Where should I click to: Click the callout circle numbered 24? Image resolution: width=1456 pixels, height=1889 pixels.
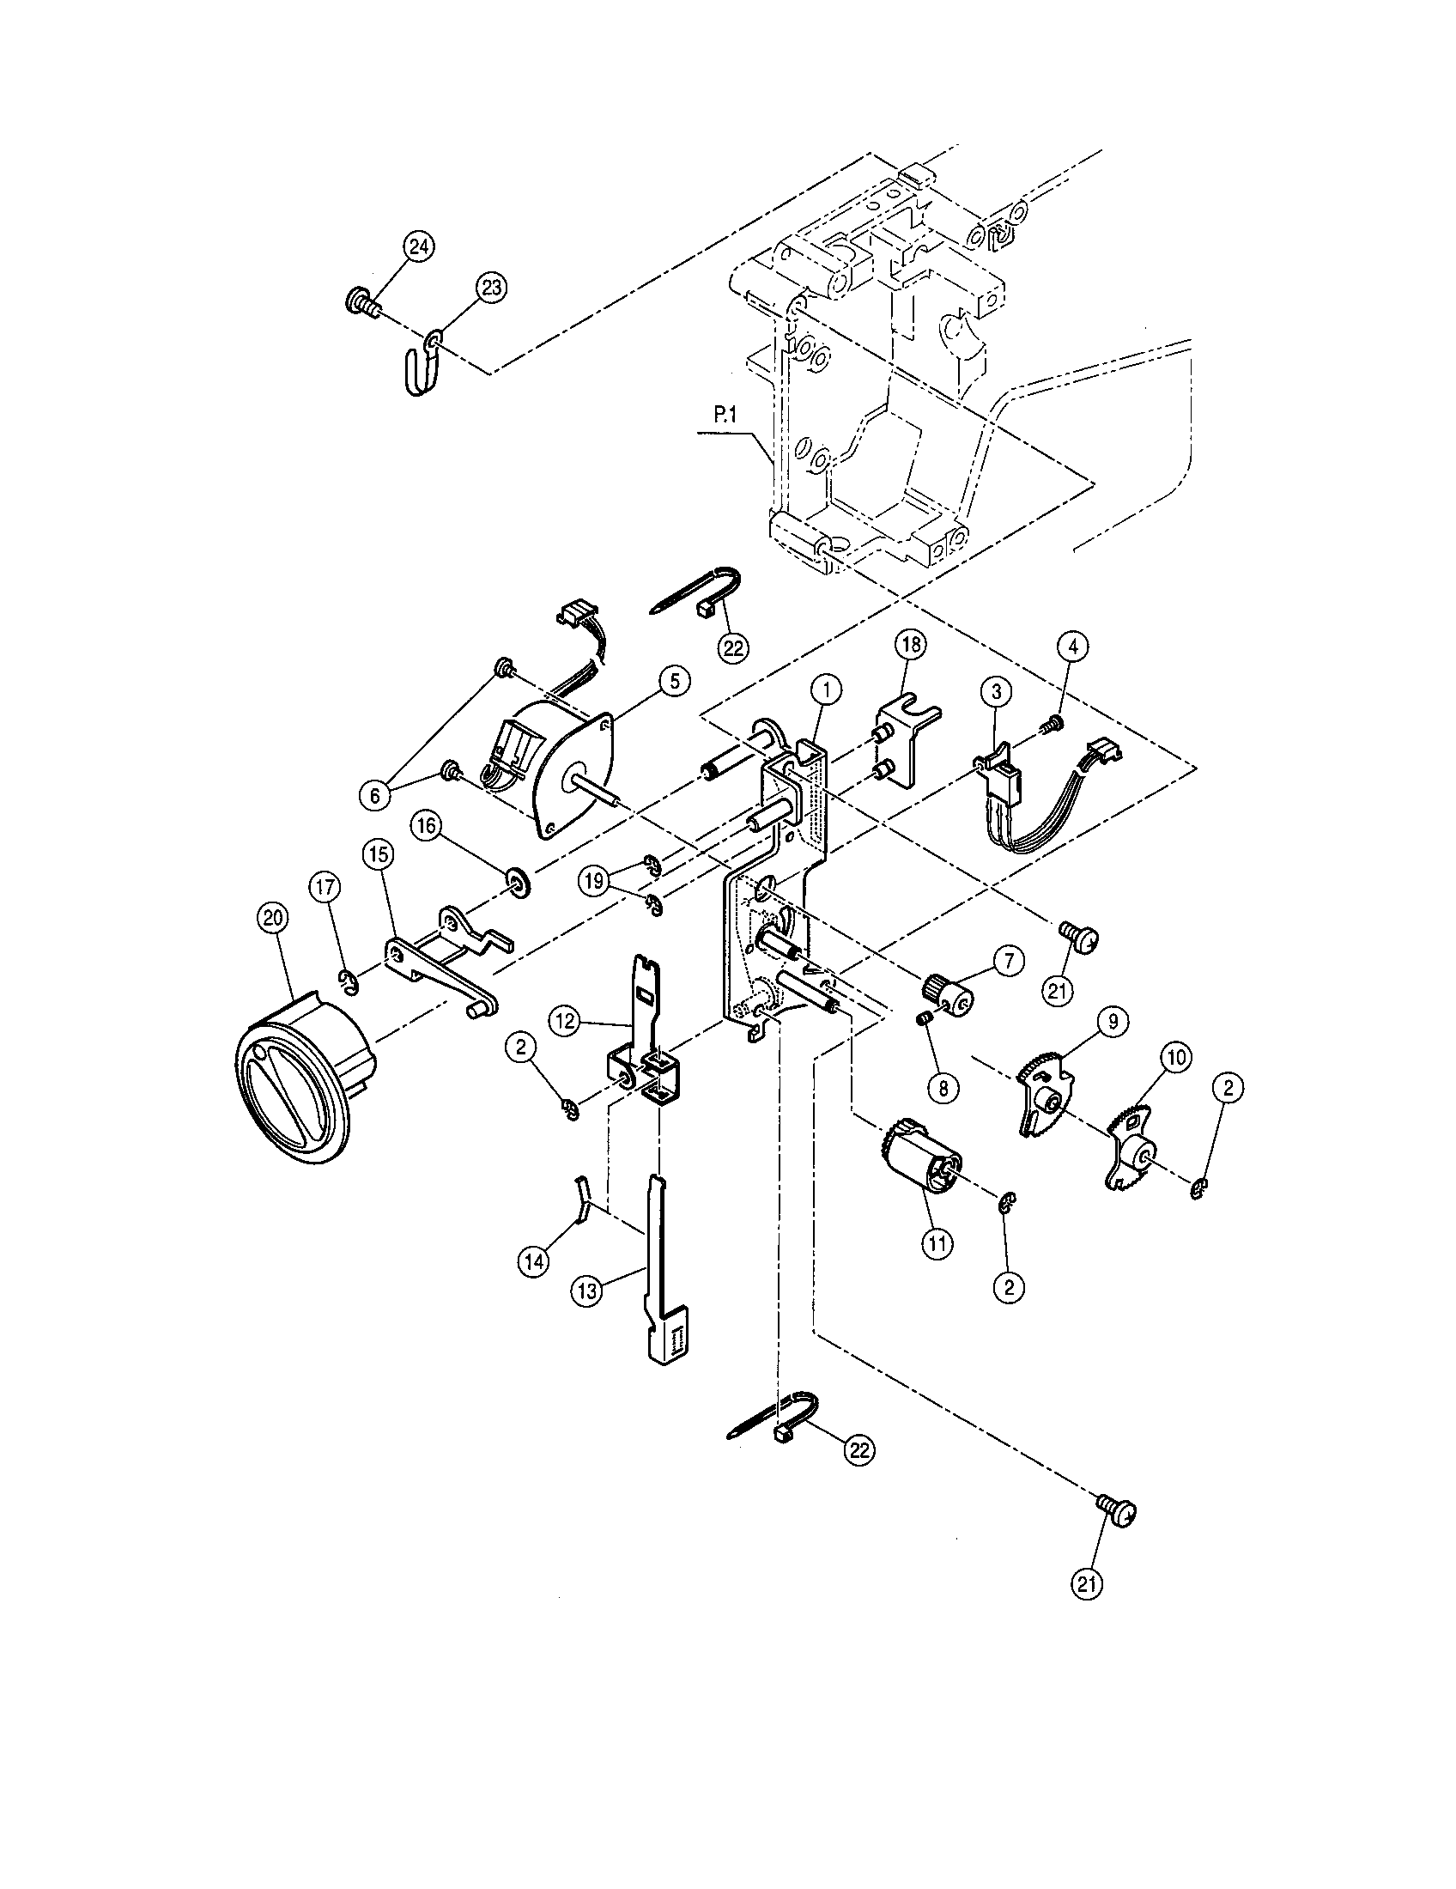pos(418,247)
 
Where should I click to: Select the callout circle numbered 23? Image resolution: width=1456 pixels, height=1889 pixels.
pos(490,289)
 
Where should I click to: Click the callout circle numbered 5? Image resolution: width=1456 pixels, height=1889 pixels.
pos(674,681)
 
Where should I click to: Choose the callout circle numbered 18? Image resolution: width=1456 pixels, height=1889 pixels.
pos(912,644)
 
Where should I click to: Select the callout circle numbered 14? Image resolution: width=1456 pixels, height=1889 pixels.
pos(533,1262)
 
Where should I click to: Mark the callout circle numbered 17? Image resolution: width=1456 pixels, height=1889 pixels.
pos(325,888)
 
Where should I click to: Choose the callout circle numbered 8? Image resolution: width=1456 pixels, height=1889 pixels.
pos(943,1087)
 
